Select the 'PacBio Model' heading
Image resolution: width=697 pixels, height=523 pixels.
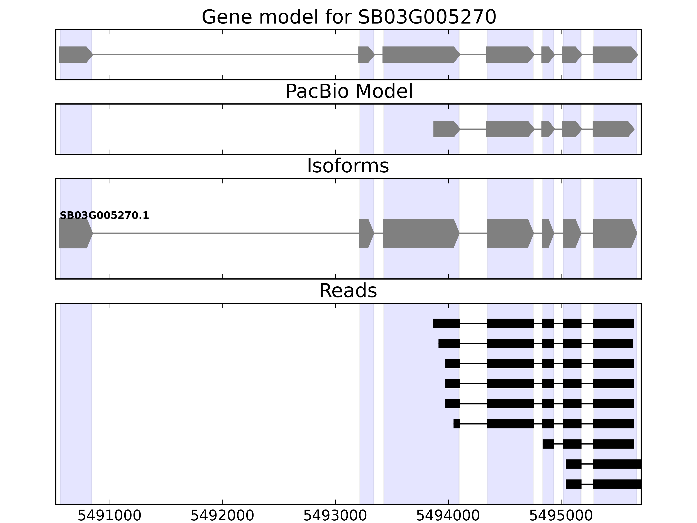pyautogui.click(x=348, y=92)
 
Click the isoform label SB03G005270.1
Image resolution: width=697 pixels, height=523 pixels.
pyautogui.click(x=104, y=216)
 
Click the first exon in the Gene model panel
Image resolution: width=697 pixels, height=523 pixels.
pyautogui.click(x=75, y=54)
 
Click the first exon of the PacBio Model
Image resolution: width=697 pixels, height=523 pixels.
pyautogui.click(x=446, y=129)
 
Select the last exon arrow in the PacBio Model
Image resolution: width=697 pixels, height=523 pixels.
pyautogui.click(x=612, y=129)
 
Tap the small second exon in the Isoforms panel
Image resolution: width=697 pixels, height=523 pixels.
pyautogui.click(x=365, y=233)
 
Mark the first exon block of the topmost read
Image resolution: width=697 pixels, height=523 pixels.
pyautogui.click(x=446, y=323)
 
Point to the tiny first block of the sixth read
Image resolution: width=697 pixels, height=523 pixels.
pyautogui.click(x=456, y=424)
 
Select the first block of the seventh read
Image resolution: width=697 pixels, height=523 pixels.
pyautogui.click(x=548, y=444)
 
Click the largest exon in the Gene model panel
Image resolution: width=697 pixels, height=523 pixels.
pyautogui.click(x=420, y=54)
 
